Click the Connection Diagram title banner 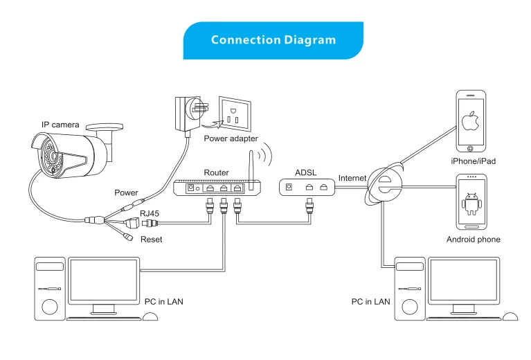pyautogui.click(x=273, y=41)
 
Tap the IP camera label pyautogui.click(x=60, y=125)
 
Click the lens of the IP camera pyautogui.click(x=53, y=156)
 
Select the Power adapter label pyautogui.click(x=231, y=138)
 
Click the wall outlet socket pyautogui.click(x=235, y=114)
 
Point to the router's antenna pyautogui.click(x=251, y=170)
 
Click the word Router pyautogui.click(x=217, y=172)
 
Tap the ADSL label pyautogui.click(x=306, y=172)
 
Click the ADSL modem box pyautogui.click(x=307, y=188)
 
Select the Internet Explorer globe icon pyautogui.click(x=385, y=183)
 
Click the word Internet pyautogui.click(x=352, y=178)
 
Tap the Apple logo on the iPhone pyautogui.click(x=471, y=120)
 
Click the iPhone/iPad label pyautogui.click(x=473, y=161)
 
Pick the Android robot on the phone pyautogui.click(x=471, y=204)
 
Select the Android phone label pyautogui.click(x=473, y=240)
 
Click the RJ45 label pyautogui.click(x=150, y=214)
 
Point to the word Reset pyautogui.click(x=152, y=240)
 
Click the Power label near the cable pyautogui.click(x=126, y=192)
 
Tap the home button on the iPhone pyautogui.click(x=470, y=148)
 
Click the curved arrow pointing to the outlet pyautogui.click(x=212, y=125)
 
